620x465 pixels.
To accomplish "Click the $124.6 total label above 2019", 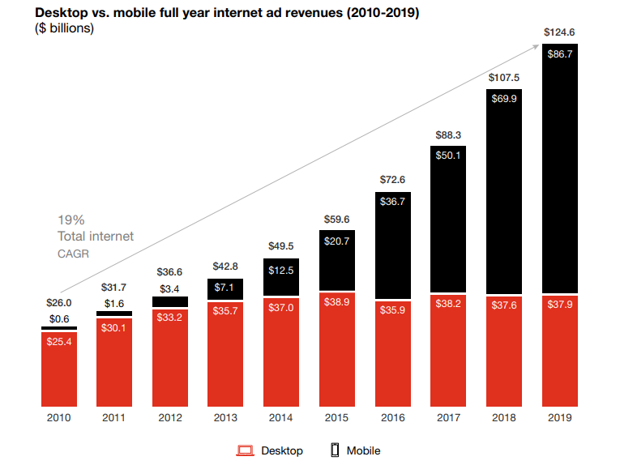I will click(x=559, y=33).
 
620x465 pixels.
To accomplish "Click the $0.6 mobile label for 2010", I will click(x=59, y=318).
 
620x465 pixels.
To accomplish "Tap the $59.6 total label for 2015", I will click(x=337, y=219).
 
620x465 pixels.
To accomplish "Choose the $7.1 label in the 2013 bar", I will click(x=226, y=288).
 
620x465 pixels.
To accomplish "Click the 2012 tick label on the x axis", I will click(x=170, y=418).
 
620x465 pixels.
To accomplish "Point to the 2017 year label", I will click(x=448, y=418).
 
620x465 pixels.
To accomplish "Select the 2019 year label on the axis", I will click(x=559, y=418).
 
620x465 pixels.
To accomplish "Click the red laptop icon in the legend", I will click(x=246, y=450).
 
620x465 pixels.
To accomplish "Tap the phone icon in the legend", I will click(x=334, y=450).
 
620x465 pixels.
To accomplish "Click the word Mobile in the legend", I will click(x=363, y=450).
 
